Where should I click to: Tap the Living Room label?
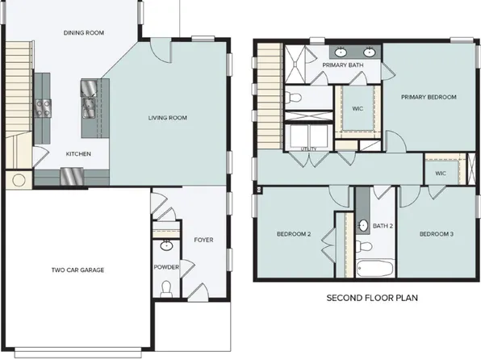click(x=167, y=118)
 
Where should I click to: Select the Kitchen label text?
click(x=78, y=153)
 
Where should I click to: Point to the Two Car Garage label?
click(x=78, y=270)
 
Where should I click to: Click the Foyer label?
click(x=203, y=241)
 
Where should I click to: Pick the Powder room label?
click(x=166, y=266)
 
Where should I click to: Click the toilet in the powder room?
click(x=167, y=288)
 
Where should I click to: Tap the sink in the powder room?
click(x=167, y=245)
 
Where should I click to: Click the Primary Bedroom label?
click(x=429, y=97)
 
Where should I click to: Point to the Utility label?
click(x=308, y=149)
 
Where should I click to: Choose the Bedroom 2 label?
click(x=294, y=234)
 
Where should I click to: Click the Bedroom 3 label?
click(x=436, y=234)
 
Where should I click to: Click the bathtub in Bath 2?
click(x=374, y=269)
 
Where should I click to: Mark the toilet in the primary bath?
click(x=295, y=98)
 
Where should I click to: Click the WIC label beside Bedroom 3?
click(x=441, y=173)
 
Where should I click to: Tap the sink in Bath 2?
click(x=362, y=224)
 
